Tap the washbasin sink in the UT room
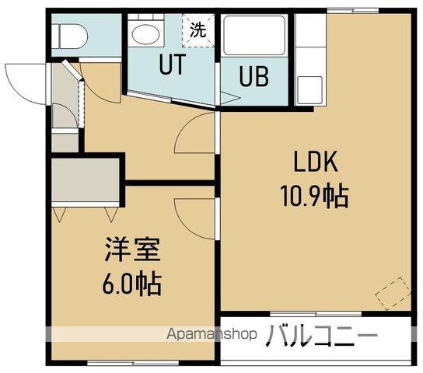pos(144,33)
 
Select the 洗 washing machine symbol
pos(198,31)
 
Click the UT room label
pos(172,66)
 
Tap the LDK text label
pos(314,163)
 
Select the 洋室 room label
pos(133,253)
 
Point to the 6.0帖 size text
pos(133,284)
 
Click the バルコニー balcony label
pos(323,336)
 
